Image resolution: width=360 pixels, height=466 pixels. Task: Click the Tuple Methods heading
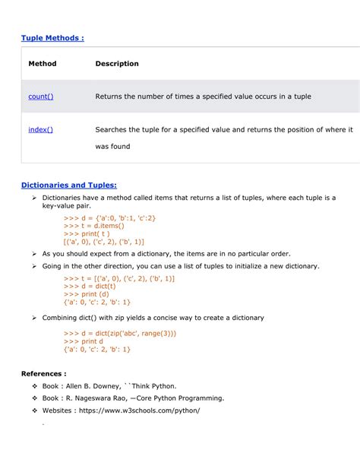pos(52,38)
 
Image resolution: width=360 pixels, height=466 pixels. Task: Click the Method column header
pos(43,64)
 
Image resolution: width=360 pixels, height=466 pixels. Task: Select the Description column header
pos(117,64)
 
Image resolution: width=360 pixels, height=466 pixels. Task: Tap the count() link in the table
pos(41,97)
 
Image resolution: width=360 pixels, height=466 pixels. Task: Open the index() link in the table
pos(41,130)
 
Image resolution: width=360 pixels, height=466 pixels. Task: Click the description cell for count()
pos(203,97)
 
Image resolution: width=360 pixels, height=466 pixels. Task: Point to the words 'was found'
pos(112,146)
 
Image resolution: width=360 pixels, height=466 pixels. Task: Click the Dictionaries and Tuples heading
pos(69,184)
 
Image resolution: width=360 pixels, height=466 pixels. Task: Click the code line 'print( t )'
pos(90,233)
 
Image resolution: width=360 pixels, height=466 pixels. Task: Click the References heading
pos(44,374)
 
